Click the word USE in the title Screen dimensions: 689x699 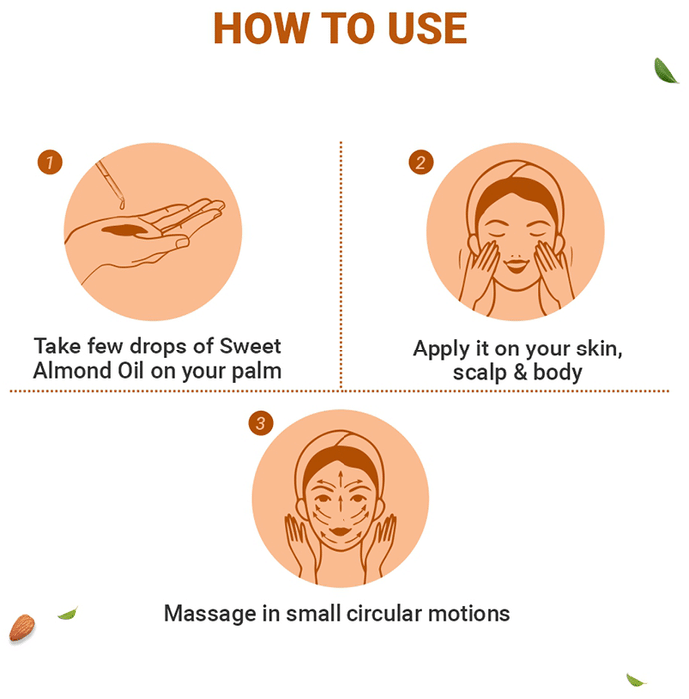point(427,28)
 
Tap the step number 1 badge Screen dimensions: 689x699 point(50,162)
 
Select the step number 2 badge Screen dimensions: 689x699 point(421,162)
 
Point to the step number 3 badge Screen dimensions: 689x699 point(261,423)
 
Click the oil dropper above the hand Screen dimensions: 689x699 point(110,184)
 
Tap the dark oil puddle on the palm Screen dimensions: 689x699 point(125,230)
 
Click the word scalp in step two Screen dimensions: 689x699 point(480,373)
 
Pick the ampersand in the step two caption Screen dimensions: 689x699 point(520,372)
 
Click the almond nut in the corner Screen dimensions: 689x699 point(21,628)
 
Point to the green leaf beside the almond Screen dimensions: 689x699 point(67,614)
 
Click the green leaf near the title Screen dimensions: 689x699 point(666,71)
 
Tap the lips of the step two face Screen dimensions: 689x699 point(517,265)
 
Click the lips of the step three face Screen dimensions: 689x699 point(341,531)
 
